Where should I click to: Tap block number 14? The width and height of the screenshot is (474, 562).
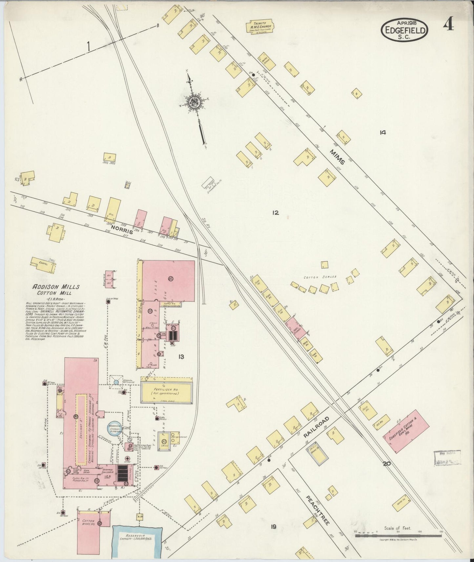tap(382, 132)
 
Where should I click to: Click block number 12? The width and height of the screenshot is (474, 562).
tap(275, 213)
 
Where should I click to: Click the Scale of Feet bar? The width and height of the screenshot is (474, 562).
tap(399, 536)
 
